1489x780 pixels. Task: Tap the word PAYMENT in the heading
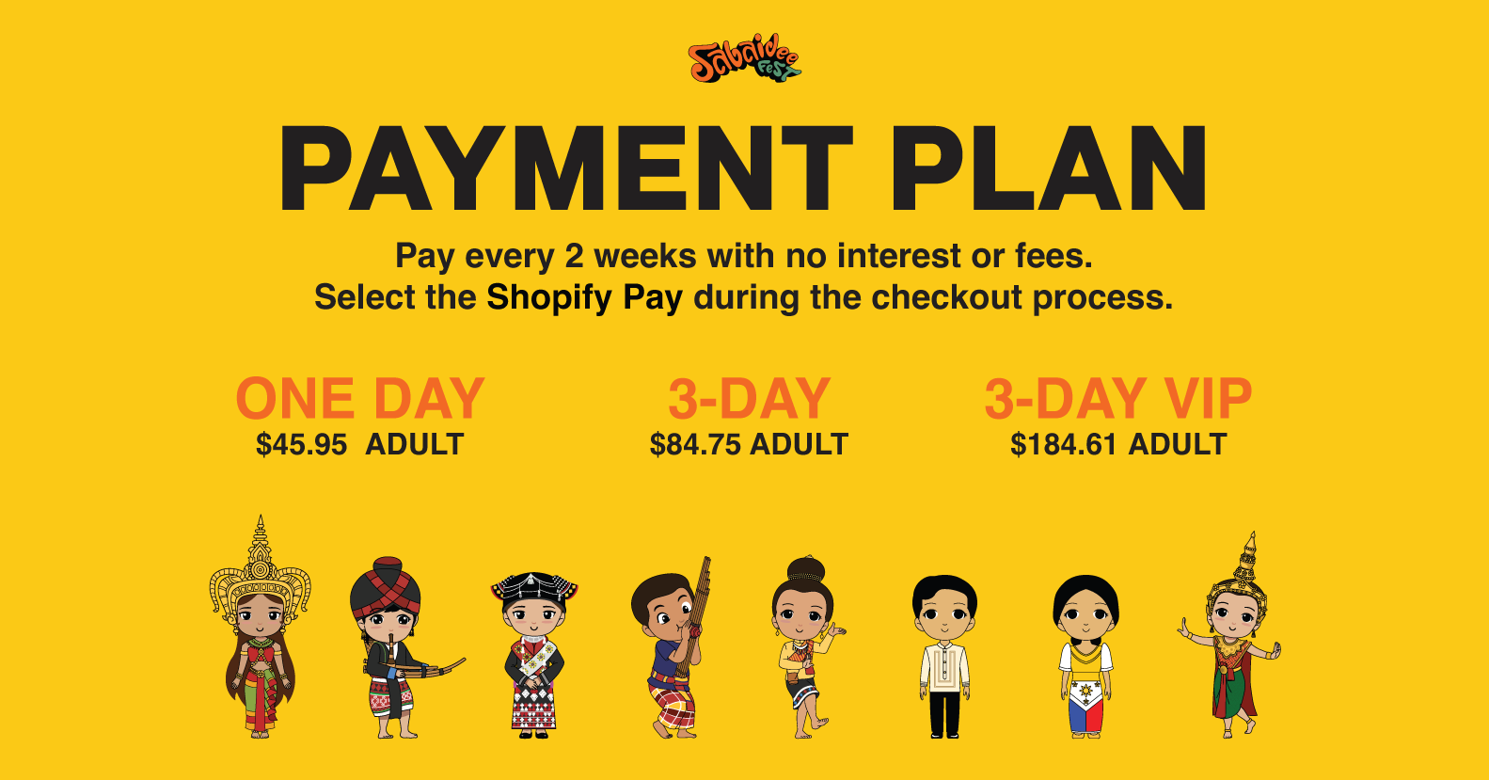coord(565,168)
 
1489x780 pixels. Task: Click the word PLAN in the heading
coord(1048,168)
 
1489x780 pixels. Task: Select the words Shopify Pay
coord(584,298)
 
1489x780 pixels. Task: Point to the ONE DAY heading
coord(359,398)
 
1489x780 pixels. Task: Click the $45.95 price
coord(301,445)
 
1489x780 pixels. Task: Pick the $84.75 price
coord(694,445)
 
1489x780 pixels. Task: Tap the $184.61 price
coord(1063,445)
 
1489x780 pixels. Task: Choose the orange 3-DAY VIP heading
coord(1118,398)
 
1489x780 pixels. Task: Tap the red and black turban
coord(386,586)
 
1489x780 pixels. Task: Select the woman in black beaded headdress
coord(533,655)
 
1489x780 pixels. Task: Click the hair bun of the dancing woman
coord(806,570)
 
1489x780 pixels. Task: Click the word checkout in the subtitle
coord(946,297)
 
